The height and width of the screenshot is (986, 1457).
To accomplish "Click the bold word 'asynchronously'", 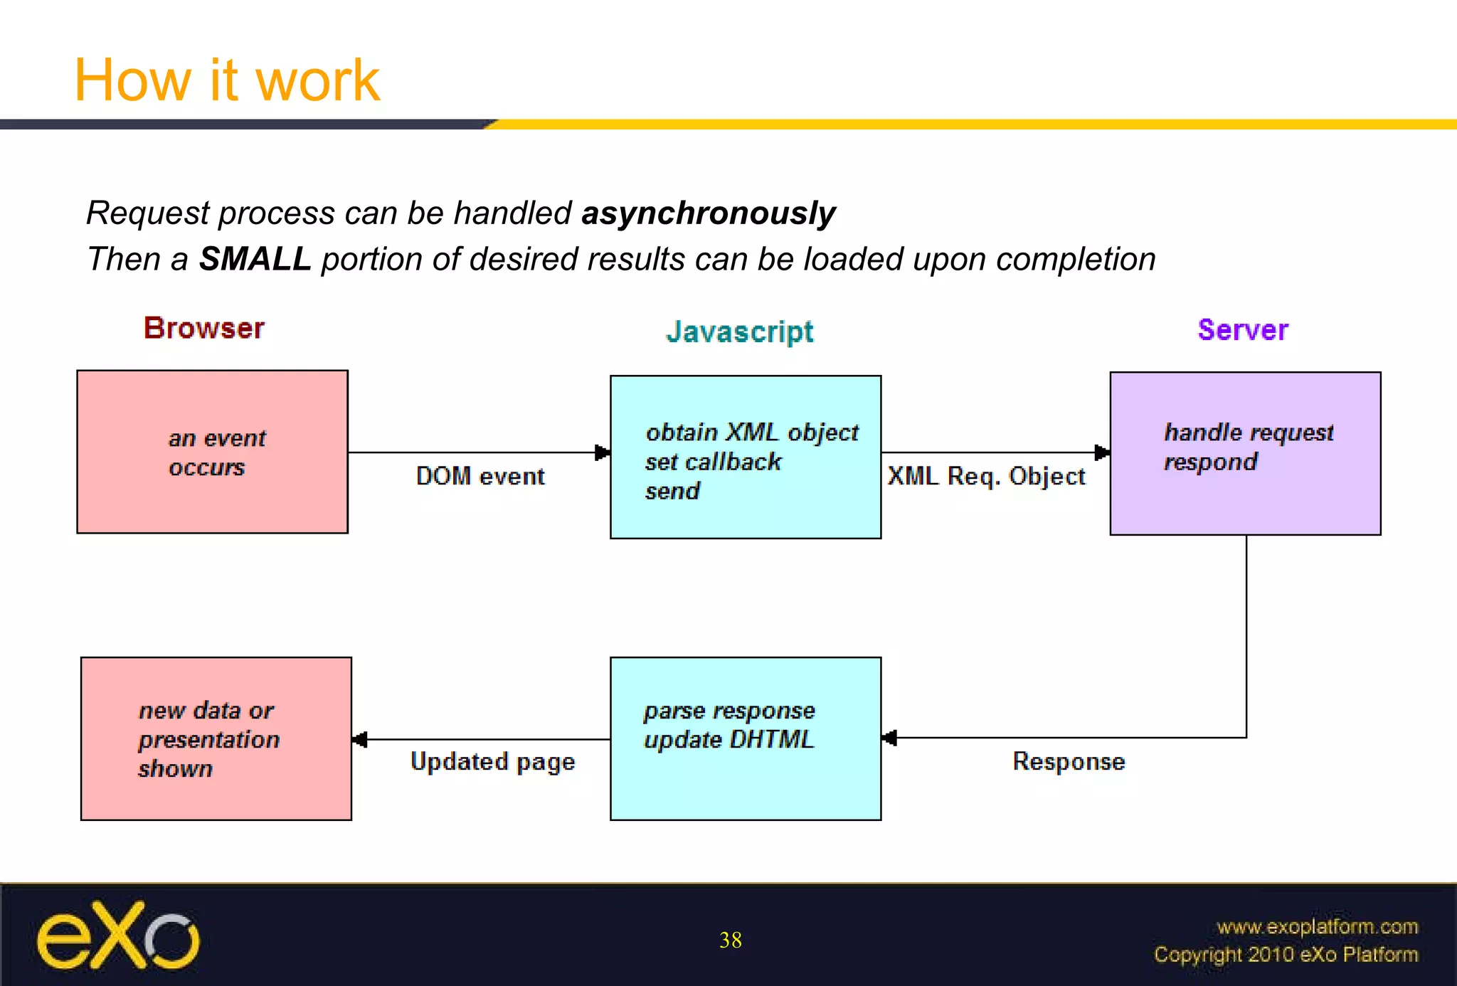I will click(708, 213).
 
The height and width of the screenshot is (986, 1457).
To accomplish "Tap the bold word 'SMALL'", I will click(255, 259).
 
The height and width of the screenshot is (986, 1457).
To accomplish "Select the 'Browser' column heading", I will click(204, 328).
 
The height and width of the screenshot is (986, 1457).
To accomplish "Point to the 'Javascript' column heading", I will click(739, 332).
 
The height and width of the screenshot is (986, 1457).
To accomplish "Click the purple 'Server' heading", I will click(1242, 330).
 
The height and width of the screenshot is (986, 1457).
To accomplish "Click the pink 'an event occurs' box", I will click(212, 452).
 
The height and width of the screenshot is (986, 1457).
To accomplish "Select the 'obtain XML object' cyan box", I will click(745, 457).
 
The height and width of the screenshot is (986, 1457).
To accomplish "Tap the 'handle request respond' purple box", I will click(1245, 453).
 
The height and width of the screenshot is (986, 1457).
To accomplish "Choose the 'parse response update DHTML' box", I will click(745, 738).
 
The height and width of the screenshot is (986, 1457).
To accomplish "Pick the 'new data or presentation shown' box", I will click(216, 738).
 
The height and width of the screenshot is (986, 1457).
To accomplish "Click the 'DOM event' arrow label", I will click(480, 476).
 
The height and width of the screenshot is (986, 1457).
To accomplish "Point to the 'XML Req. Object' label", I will click(986, 476).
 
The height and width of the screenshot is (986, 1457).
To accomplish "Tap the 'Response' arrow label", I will click(1069, 761).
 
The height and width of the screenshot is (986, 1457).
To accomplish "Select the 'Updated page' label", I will click(492, 761).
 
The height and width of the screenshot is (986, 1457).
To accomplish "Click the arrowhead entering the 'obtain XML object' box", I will click(603, 452).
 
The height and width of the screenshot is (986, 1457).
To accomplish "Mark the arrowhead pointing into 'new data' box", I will click(360, 740).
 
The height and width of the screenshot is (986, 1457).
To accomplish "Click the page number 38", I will click(730, 940).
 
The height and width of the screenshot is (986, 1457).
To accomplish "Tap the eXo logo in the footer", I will click(118, 936).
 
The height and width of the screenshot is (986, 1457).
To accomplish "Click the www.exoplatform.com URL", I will click(1317, 926).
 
